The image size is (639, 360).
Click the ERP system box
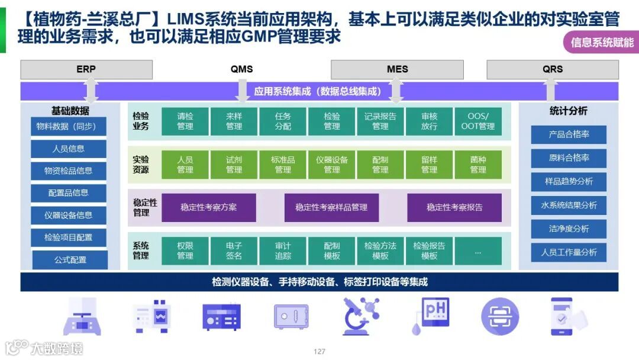pyautogui.click(x=86, y=69)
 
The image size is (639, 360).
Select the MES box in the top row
pyautogui.click(x=397, y=69)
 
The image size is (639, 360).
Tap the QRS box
pyautogui.click(x=552, y=69)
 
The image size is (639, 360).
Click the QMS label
pyautogui.click(x=241, y=69)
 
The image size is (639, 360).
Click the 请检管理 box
pyautogui.click(x=185, y=121)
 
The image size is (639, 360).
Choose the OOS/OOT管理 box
pyautogui.click(x=478, y=121)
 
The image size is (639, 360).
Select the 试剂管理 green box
pyautogui.click(x=234, y=165)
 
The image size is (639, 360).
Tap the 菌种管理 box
pyautogui.click(x=478, y=165)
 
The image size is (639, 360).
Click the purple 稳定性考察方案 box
pyautogui.click(x=209, y=207)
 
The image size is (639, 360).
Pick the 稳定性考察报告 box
pyautogui.click(x=454, y=207)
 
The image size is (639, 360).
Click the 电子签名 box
pyautogui.click(x=234, y=251)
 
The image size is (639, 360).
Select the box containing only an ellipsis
pyautogui.click(x=478, y=251)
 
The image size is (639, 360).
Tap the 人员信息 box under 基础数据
pyautogui.click(x=69, y=149)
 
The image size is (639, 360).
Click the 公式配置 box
pyautogui.click(x=70, y=259)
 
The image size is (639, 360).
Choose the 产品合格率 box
pyautogui.click(x=569, y=134)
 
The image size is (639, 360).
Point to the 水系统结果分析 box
pyautogui.click(x=569, y=205)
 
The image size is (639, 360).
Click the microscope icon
pyautogui.click(x=361, y=316)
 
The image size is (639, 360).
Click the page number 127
pyautogui.click(x=319, y=352)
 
